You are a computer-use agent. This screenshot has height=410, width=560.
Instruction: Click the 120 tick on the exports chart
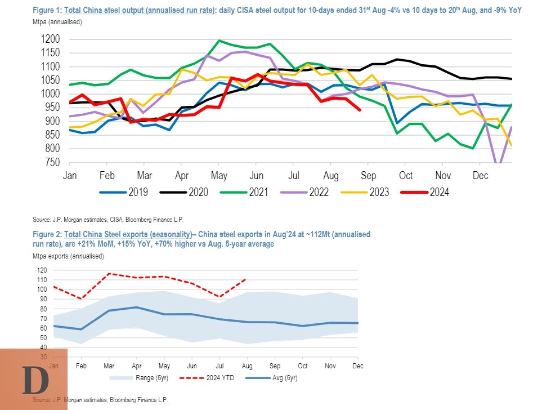tap(43, 270)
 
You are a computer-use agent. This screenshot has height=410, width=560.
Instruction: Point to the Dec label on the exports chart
tap(357, 366)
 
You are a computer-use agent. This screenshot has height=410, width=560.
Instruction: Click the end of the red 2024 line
tap(360, 110)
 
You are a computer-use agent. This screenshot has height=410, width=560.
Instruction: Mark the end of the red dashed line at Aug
tap(245, 279)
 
